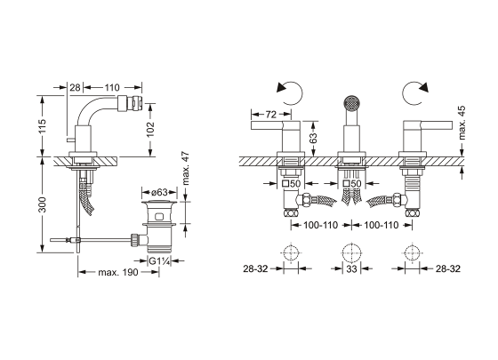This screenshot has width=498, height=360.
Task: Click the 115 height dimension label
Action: [42, 126]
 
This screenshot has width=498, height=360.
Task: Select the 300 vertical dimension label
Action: [42, 204]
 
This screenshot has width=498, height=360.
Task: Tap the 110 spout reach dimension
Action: [112, 87]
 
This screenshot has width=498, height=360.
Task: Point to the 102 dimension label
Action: [150, 129]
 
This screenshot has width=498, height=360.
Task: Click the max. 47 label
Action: [186, 169]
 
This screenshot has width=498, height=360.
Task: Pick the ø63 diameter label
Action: [159, 192]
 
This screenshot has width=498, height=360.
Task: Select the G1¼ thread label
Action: [160, 261]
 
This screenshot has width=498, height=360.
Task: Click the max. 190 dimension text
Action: [118, 272]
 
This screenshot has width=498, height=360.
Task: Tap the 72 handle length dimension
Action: [270, 114]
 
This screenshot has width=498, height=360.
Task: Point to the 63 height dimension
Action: [313, 138]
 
